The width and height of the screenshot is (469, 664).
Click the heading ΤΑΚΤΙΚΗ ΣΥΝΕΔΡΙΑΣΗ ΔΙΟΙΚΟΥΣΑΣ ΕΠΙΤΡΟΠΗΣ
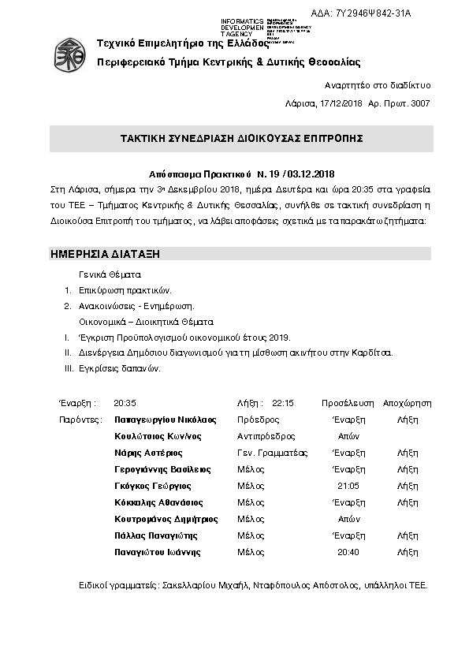click(x=241, y=137)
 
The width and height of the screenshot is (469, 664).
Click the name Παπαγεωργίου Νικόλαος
click(x=165, y=420)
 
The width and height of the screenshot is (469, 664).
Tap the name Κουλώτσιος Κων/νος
click(x=156, y=436)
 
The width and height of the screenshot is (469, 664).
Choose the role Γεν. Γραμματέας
click(x=272, y=453)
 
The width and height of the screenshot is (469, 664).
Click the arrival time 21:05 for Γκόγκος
click(x=348, y=486)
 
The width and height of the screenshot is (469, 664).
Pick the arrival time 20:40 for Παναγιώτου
click(x=348, y=552)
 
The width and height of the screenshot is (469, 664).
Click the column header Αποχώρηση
click(x=407, y=402)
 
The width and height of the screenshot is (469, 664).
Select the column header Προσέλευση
click(x=348, y=402)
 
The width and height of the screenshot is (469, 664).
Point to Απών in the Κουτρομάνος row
click(x=348, y=519)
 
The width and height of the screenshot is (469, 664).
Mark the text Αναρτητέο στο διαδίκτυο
click(x=378, y=85)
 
